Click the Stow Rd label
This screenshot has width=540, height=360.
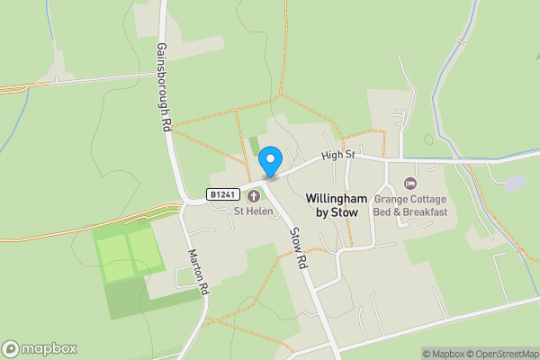click(x=299, y=249)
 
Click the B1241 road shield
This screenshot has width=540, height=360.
click(x=222, y=194)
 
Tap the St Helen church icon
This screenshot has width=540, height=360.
click(x=254, y=195)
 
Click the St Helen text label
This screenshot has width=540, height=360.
click(x=254, y=212)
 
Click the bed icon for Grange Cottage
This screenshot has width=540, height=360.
click(x=410, y=184)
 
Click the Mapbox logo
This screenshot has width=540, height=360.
click(x=40, y=348)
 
